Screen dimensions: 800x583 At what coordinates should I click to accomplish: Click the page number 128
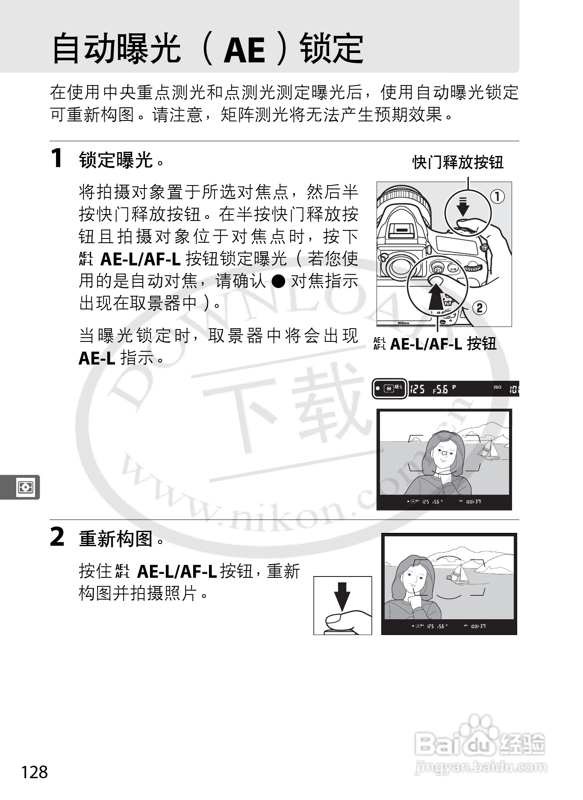click(x=35, y=772)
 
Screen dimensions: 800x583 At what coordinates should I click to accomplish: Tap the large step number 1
click(x=57, y=158)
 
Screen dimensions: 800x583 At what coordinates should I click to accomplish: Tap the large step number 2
click(x=57, y=537)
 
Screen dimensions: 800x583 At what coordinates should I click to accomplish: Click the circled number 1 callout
click(x=497, y=197)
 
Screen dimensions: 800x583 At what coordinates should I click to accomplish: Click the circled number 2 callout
click(x=480, y=308)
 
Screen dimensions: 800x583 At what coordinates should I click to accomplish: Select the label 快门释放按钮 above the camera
click(x=458, y=162)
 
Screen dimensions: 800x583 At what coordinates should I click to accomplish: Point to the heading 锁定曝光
click(x=116, y=160)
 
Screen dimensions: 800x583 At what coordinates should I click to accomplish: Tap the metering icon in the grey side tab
click(x=25, y=487)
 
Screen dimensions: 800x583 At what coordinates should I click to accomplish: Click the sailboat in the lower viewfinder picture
click(x=460, y=573)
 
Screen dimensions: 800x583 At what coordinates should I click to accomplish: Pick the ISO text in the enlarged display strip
click(x=498, y=387)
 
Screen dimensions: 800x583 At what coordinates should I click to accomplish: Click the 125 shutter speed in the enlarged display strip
click(x=418, y=389)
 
